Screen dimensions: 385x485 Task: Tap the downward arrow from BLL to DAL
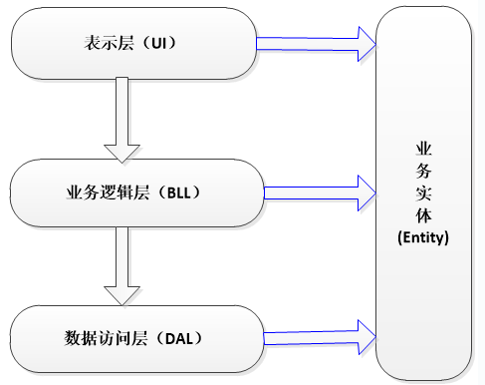[x=124, y=265]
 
